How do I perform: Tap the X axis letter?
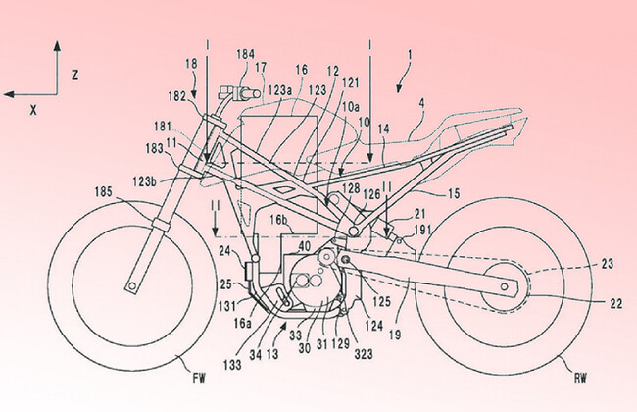[x=33, y=110]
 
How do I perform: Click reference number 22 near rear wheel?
[x=614, y=305]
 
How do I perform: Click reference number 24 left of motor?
[x=224, y=250]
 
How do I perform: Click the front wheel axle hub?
[x=129, y=287]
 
